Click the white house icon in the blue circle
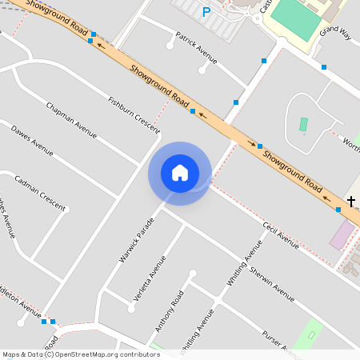click(179, 173)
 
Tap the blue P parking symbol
click(206, 12)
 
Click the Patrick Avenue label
click(196, 49)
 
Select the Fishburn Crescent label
click(134, 113)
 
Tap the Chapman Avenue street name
click(71, 120)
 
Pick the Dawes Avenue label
click(32, 141)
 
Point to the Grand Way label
click(334, 31)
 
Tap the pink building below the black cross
click(342, 234)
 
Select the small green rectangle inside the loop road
click(303, 124)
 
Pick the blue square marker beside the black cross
click(338, 209)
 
